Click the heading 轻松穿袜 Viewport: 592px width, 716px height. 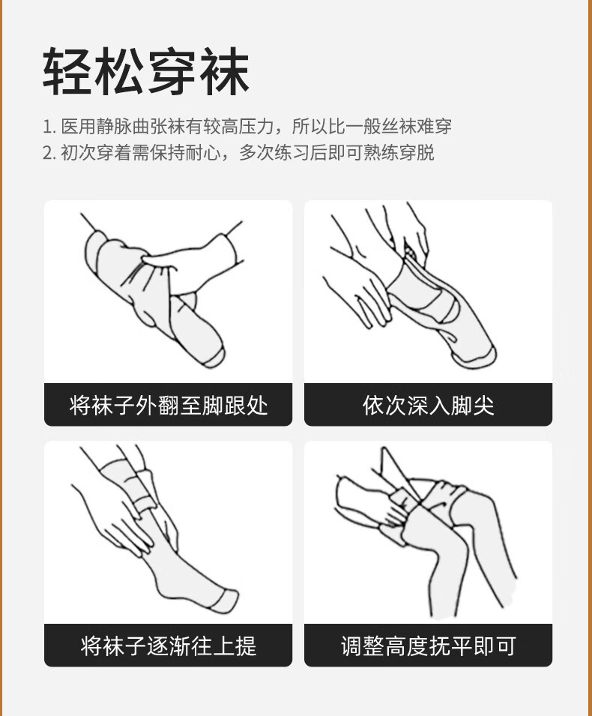click(x=146, y=71)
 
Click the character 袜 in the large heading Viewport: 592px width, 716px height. click(x=225, y=71)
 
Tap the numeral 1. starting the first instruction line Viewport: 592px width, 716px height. click(x=49, y=127)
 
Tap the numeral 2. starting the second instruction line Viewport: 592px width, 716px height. click(x=49, y=152)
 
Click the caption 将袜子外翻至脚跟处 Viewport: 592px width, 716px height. click(x=169, y=405)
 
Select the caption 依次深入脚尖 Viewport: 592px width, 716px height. click(x=428, y=405)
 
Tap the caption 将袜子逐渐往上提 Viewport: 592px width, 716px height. click(x=169, y=646)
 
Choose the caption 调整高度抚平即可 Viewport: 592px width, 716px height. click(x=428, y=646)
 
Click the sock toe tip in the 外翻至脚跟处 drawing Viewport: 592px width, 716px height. click(x=214, y=358)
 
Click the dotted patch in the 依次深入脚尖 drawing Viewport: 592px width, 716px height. click(x=409, y=253)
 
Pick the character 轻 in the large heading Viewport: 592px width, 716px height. click(x=68, y=71)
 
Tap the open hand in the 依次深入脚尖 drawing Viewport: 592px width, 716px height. click(x=360, y=297)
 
